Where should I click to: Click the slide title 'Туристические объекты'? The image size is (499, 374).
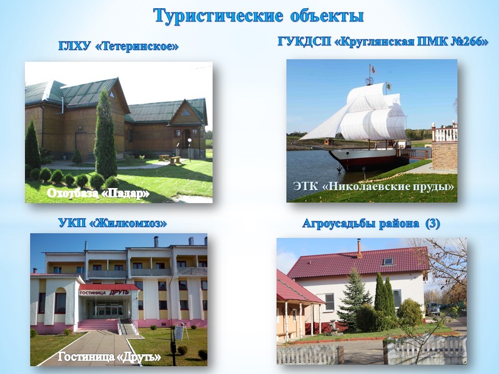click(x=258, y=16)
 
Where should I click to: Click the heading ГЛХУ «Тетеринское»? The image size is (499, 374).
click(x=119, y=46)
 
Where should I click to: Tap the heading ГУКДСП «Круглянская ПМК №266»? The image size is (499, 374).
click(x=383, y=42)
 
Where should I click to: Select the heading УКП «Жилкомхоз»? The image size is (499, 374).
click(x=113, y=223)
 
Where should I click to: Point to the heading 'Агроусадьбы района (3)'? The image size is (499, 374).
click(x=371, y=223)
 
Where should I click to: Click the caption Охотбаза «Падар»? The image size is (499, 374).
click(x=98, y=193)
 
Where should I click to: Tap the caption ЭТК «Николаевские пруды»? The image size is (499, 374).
click(x=374, y=186)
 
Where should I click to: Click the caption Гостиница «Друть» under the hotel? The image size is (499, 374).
click(x=109, y=357)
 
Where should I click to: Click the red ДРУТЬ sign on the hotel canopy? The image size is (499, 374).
click(x=119, y=292)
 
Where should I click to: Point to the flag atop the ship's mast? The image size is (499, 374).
click(x=372, y=69)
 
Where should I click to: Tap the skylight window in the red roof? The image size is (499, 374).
click(x=388, y=262)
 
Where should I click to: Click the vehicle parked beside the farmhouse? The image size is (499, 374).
click(x=433, y=309)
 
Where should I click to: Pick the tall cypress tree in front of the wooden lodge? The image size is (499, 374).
click(x=105, y=135)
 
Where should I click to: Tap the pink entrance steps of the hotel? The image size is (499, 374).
click(x=98, y=325)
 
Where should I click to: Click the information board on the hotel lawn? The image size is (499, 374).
click(x=178, y=332)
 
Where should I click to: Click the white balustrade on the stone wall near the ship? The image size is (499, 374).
click(x=444, y=133)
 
